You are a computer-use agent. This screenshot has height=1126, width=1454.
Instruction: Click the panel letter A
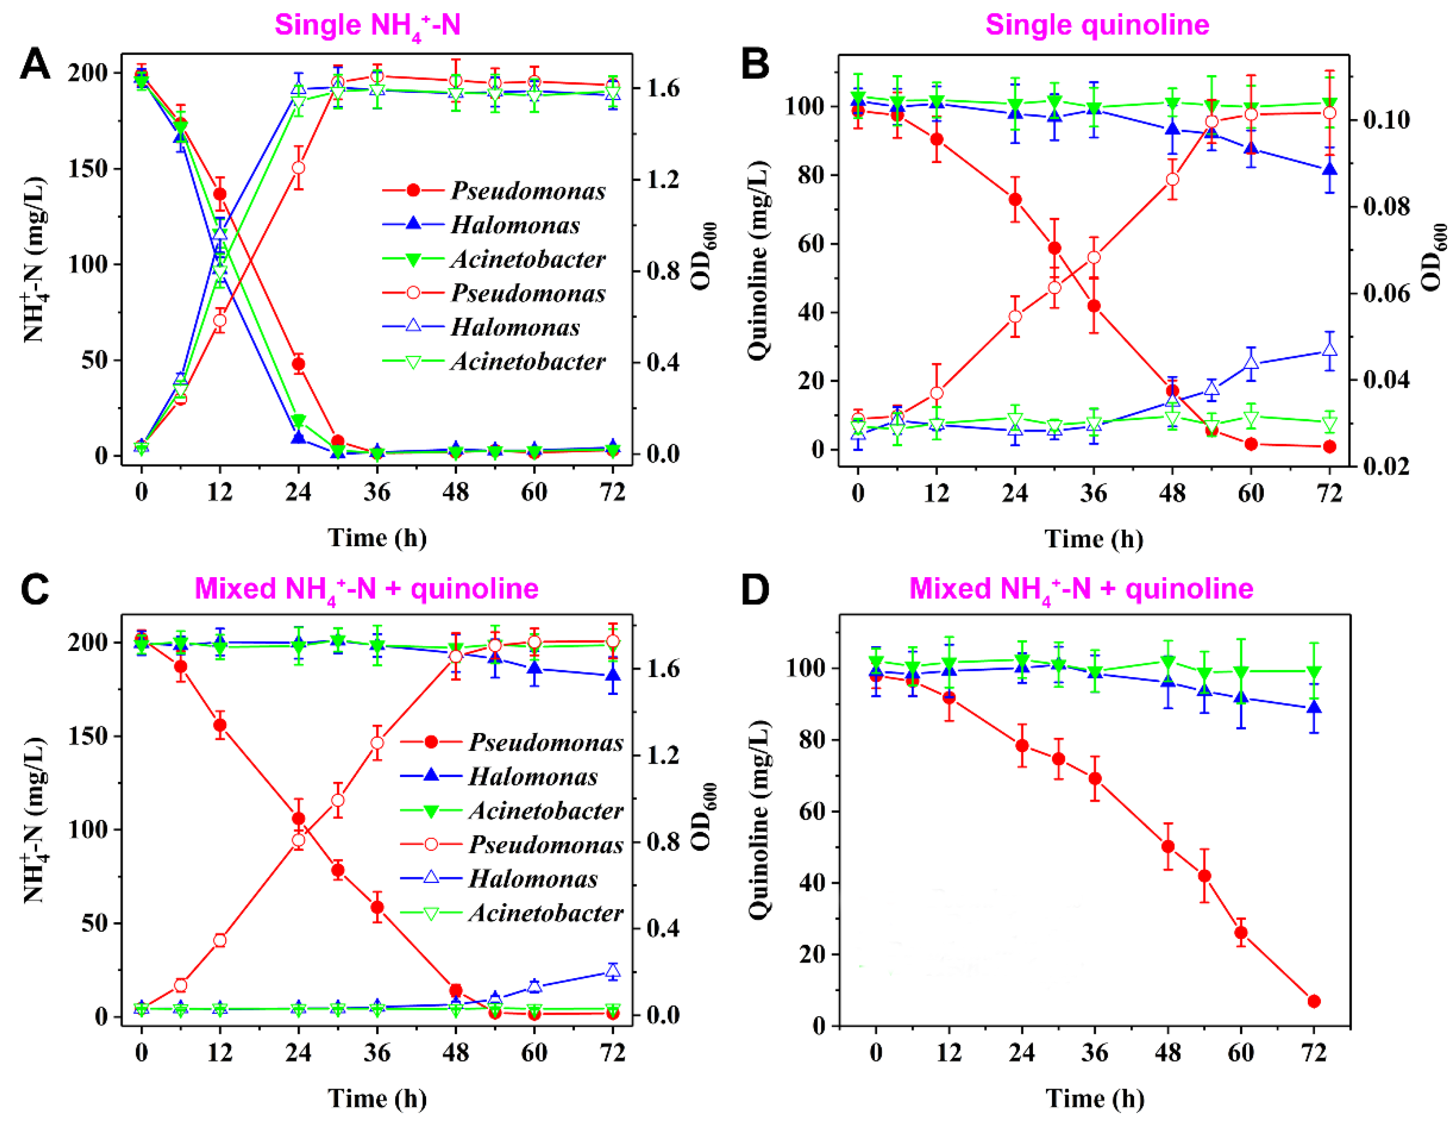(34, 65)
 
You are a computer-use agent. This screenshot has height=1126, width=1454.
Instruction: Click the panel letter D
(755, 590)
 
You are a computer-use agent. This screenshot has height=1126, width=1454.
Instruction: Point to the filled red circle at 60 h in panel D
(1240, 932)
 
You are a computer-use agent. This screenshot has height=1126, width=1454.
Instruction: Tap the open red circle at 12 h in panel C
(220, 940)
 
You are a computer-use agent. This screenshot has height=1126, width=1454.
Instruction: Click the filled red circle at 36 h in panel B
(1094, 306)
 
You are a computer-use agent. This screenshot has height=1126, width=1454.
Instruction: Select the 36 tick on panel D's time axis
(1095, 1053)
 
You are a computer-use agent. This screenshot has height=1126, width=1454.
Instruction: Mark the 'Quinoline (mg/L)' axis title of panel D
(758, 820)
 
